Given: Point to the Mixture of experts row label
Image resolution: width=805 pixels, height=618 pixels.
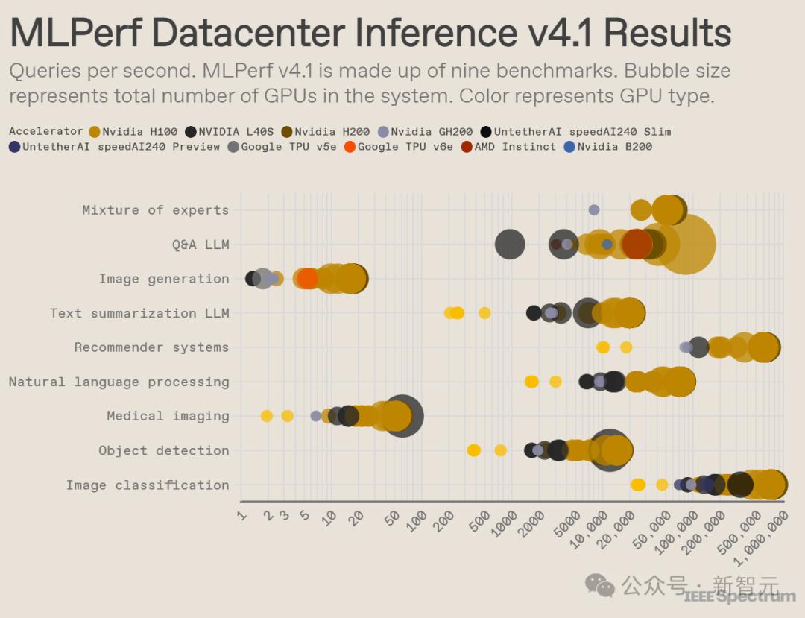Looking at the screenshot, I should [155, 210].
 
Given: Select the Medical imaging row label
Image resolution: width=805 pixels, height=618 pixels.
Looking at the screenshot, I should [168, 416].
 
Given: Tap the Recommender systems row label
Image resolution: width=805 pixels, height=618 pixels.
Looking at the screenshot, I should [151, 347].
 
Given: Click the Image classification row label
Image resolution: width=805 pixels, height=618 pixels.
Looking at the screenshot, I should [148, 485].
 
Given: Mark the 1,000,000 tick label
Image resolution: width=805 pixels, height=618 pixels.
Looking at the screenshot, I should [762, 531].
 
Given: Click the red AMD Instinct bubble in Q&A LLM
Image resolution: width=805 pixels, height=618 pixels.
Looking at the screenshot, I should [637, 244].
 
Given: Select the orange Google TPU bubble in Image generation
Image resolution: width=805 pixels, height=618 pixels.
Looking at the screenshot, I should [306, 279].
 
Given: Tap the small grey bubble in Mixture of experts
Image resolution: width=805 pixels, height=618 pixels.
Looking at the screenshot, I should [594, 210].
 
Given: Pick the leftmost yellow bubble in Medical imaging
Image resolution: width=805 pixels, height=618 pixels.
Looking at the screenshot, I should [267, 416].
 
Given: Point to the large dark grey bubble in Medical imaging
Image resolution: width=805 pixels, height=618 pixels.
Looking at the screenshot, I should [402, 416].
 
